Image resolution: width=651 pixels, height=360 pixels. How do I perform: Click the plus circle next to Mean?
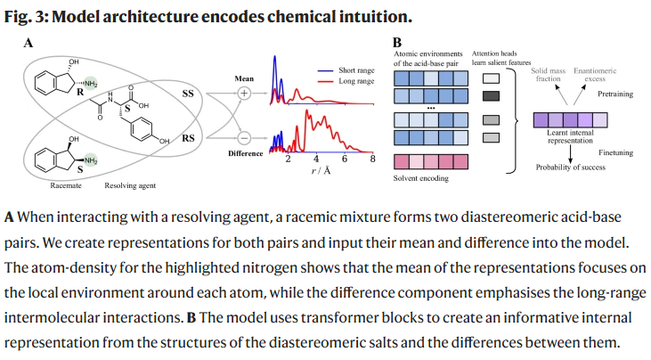(x=244, y=93)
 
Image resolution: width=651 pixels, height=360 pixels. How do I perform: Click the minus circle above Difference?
(x=244, y=138)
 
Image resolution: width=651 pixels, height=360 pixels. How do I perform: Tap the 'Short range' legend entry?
(x=346, y=70)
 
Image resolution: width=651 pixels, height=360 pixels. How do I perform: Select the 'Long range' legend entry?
(x=346, y=81)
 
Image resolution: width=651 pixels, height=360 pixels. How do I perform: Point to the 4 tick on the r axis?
(x=316, y=159)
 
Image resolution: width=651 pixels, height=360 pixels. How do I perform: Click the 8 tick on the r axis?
(x=372, y=159)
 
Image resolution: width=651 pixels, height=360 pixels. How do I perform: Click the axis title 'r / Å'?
(x=321, y=171)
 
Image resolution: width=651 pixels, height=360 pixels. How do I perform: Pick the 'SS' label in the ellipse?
(x=188, y=94)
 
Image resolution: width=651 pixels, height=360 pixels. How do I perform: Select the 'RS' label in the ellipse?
(x=188, y=138)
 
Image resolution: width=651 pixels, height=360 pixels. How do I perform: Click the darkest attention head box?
(x=492, y=96)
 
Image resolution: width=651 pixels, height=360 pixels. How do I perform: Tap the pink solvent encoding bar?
(x=431, y=161)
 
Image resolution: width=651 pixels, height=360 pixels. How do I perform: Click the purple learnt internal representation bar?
(x=571, y=120)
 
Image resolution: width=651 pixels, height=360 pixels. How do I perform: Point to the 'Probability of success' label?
(x=571, y=168)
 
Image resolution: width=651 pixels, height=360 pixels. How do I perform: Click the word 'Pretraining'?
(x=615, y=94)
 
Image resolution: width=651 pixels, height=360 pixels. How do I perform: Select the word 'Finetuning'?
(x=615, y=152)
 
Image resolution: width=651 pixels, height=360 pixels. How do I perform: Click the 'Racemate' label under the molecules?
(x=66, y=185)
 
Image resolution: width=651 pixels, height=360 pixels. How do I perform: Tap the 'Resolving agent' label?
(x=130, y=185)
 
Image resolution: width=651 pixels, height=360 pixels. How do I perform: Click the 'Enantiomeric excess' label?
(x=595, y=75)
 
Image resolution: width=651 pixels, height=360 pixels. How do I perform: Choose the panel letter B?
(x=397, y=43)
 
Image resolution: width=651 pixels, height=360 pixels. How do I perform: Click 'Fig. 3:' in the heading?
(x=26, y=17)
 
